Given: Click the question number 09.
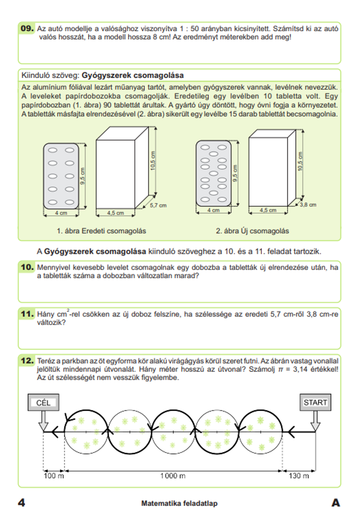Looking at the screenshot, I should tap(27, 28).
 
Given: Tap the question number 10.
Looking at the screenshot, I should tap(27, 267).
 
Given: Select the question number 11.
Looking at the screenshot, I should tap(27, 314).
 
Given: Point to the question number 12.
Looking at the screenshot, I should tap(27, 361).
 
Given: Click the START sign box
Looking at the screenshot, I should tap(315, 403).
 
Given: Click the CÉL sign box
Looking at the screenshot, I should tap(44, 403).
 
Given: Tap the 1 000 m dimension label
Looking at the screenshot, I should tap(173, 476).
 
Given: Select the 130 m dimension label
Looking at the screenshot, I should tap(298, 476).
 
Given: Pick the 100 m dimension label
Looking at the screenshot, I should tap(54, 476).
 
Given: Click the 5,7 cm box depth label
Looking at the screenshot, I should tap(158, 205).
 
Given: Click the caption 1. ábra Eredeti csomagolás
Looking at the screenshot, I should tap(101, 231).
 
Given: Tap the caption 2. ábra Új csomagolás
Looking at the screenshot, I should tap(252, 231).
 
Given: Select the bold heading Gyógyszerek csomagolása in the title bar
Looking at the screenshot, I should tap(132, 76).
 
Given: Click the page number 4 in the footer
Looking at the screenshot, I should tap(22, 503).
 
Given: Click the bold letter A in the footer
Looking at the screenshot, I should tap(336, 503).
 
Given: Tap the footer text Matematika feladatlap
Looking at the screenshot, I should tap(179, 503).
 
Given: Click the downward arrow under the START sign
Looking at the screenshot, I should tap(315, 420).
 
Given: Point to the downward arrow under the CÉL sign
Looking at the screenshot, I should tap(44, 420).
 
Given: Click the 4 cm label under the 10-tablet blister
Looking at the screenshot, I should tap(61, 213).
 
